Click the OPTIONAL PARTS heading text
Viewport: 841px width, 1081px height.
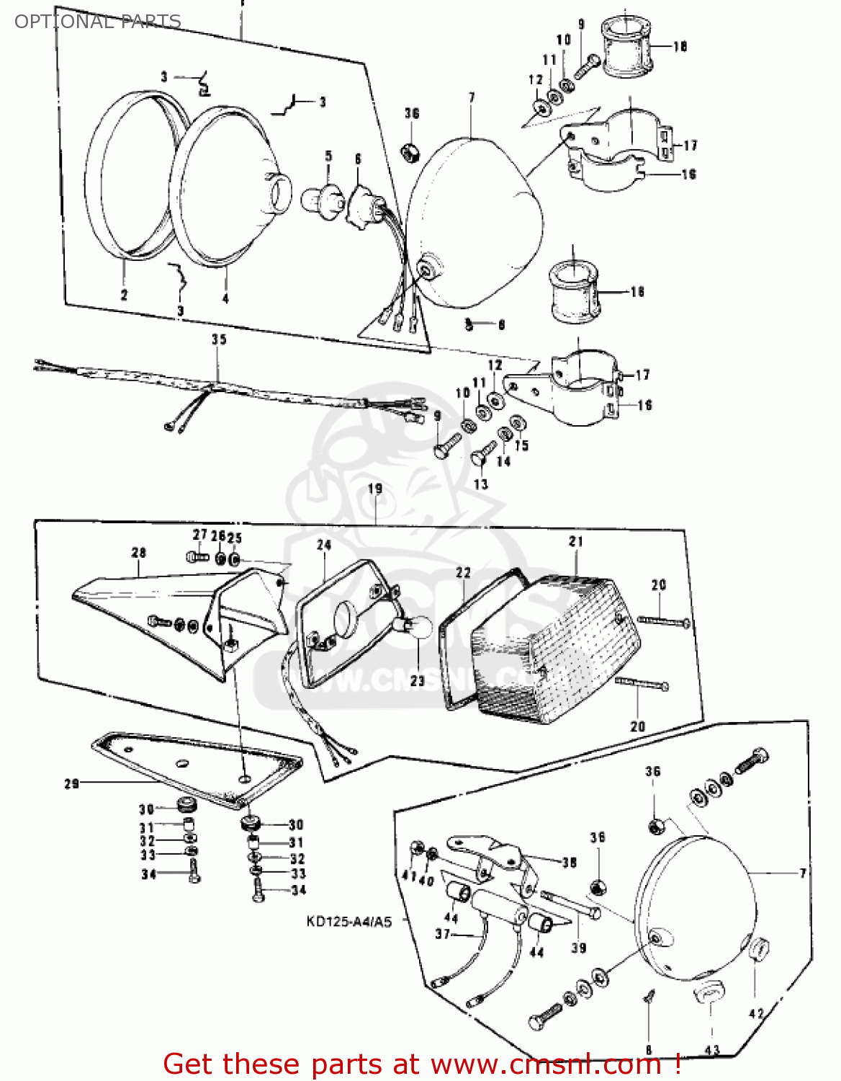coord(97,22)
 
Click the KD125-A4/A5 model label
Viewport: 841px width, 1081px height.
coord(348,922)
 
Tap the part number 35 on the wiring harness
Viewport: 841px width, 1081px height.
coord(218,339)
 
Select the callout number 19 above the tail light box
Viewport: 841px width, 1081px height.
coord(375,489)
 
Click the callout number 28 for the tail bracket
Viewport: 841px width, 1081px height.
coord(138,553)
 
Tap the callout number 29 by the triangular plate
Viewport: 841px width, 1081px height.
coord(71,783)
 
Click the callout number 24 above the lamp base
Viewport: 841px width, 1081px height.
coord(324,546)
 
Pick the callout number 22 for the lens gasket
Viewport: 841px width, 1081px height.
coord(463,572)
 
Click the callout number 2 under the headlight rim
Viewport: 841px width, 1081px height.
coord(124,295)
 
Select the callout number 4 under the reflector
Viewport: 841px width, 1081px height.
coord(225,298)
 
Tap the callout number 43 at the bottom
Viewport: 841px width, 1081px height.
coord(711,1050)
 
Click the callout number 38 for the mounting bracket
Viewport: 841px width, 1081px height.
coord(569,863)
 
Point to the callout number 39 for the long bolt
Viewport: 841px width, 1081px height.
coord(579,948)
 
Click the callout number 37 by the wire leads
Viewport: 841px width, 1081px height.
coord(442,934)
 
